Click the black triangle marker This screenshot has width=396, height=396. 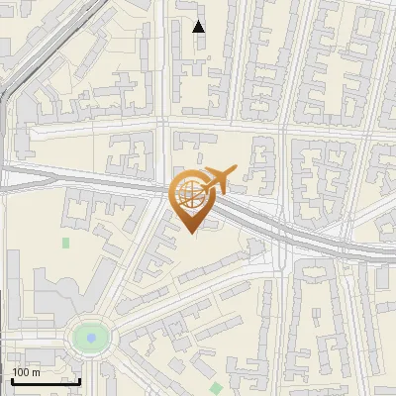199,26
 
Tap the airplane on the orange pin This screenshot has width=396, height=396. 216,181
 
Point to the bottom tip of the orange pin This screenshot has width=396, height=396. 192,234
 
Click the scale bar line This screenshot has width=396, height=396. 45,381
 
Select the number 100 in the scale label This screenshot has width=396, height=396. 22,372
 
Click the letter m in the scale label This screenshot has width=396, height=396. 37,372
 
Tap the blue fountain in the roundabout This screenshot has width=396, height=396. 91,339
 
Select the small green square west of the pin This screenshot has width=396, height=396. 66,242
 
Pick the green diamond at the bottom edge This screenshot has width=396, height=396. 217,387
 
